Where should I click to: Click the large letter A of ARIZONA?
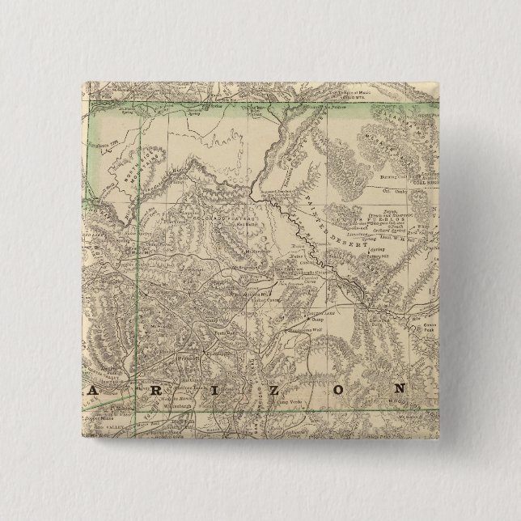coord(95,393)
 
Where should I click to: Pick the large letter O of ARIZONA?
coord(333,388)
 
